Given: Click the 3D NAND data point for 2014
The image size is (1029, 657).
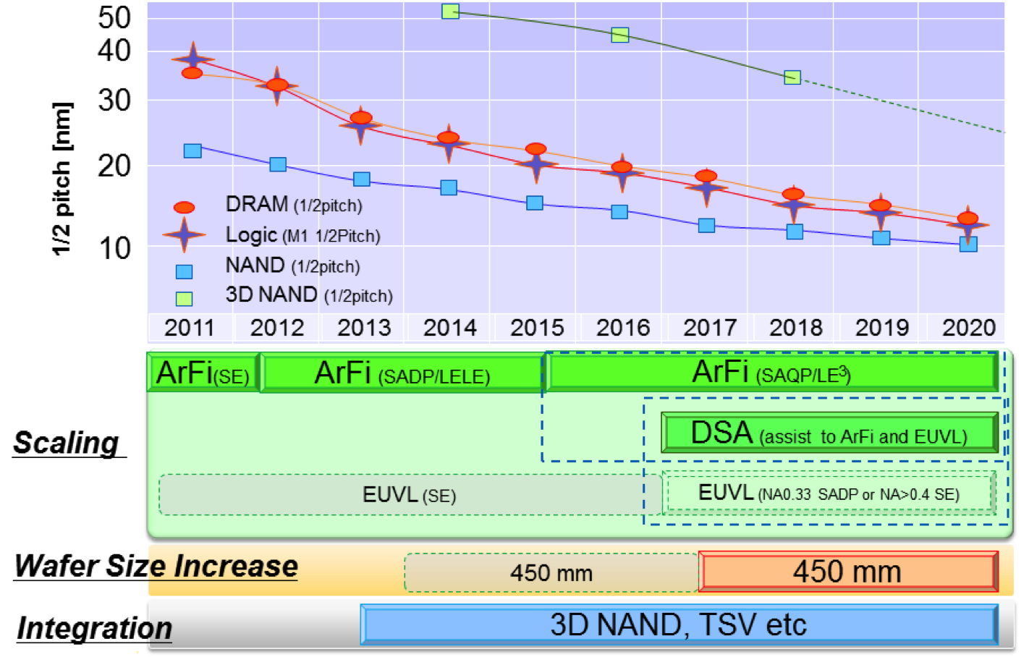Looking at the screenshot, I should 450,12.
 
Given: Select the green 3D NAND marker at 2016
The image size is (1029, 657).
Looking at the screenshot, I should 619,35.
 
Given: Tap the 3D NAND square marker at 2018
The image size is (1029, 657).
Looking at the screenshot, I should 792,77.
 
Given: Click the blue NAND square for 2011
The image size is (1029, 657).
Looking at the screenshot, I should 192,151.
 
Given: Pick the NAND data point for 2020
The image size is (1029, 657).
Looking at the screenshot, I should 968,244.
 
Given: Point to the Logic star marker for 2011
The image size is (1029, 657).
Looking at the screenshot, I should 192,59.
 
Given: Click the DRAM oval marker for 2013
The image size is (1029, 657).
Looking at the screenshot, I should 361,117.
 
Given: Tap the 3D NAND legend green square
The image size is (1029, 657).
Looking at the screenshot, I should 185,298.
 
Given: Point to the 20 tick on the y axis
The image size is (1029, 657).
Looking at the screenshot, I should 114,166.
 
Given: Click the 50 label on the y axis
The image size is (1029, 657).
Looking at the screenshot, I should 114,17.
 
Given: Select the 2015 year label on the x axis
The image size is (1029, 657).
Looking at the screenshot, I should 536,328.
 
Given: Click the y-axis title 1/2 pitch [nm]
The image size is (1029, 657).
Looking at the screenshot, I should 62,179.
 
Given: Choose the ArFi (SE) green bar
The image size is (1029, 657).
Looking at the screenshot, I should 203,373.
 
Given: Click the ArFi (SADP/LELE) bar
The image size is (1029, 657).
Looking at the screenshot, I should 402,373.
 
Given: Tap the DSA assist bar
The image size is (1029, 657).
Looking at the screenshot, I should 829,433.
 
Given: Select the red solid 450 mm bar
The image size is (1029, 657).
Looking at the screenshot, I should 847,572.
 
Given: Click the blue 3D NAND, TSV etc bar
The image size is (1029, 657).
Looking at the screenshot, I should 678,624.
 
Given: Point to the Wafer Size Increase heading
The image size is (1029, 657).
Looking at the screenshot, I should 156,566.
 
